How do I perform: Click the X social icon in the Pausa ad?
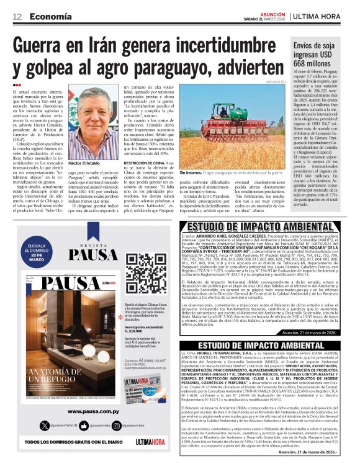[x=44, y=425]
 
